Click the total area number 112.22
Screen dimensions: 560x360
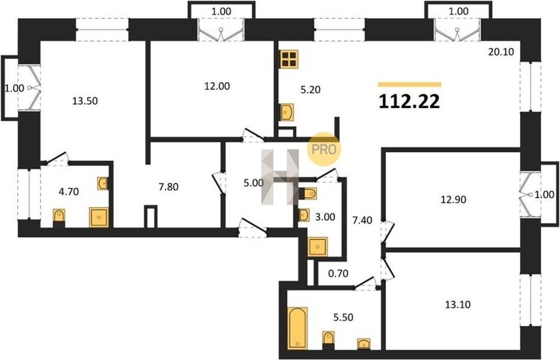coord(409,102)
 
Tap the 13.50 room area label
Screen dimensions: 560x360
coord(85,101)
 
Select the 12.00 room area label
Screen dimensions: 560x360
coord(217,86)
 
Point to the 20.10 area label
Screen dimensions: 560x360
coord(501,52)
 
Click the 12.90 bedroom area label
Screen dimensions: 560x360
coord(453,200)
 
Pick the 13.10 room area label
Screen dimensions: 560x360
coord(457,304)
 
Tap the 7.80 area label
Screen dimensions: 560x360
coord(169,187)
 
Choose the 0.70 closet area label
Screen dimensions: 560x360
coord(338,274)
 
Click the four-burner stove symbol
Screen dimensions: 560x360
coord(289,59)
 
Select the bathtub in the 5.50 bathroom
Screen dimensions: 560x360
coord(297,328)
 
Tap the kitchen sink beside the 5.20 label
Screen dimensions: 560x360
coord(287,112)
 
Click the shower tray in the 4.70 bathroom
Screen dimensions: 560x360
coord(98,217)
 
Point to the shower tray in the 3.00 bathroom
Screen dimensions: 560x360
coord(318,247)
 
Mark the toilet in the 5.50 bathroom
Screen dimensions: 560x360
coord(328,340)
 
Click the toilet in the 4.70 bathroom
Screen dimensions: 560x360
coord(59,218)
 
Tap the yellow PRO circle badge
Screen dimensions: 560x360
coord(324,149)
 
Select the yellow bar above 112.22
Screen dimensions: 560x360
coord(409,85)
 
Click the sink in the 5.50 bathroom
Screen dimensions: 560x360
coord(364,344)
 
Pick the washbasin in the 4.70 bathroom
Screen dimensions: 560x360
coord(103,183)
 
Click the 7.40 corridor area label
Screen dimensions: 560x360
coord(362,221)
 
